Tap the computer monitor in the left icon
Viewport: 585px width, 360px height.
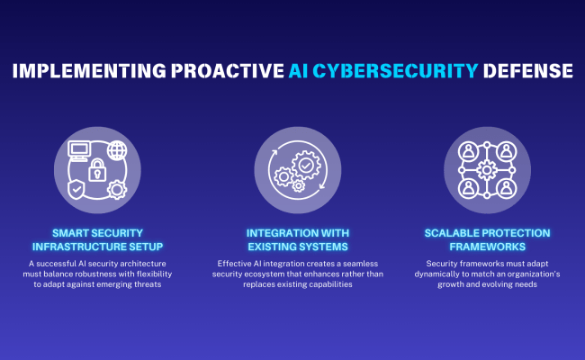pyautogui.click(x=78, y=150)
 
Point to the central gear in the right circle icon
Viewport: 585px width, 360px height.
pyautogui.click(x=486, y=169)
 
